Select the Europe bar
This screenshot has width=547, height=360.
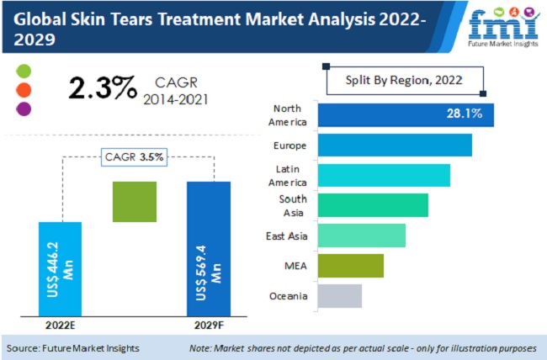395,145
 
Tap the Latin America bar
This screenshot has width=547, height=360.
384,175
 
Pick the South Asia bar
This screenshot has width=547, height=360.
373,205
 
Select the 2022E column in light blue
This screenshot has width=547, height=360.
61,267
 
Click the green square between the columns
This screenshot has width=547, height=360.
135,202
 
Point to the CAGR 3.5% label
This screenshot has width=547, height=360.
134,156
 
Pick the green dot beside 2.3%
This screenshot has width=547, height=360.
23,70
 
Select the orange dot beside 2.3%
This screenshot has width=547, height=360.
23,89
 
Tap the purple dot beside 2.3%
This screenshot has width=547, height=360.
23,109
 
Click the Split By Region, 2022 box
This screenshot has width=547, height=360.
404,81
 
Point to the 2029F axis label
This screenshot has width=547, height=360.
208,323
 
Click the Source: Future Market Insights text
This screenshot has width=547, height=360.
73,347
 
